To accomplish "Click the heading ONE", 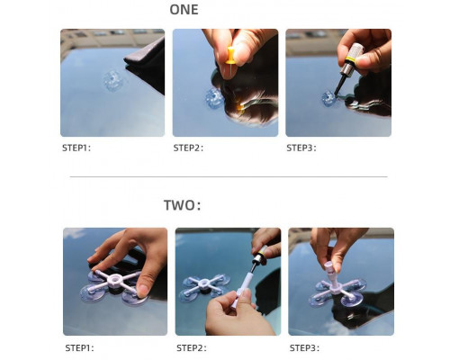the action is (184, 9).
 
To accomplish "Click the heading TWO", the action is (182, 205).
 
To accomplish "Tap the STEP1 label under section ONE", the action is (76, 148).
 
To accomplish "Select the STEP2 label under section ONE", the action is (188, 148).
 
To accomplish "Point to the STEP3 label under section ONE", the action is (301, 148).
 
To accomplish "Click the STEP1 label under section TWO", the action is (79, 348).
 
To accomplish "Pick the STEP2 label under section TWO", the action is (192, 348).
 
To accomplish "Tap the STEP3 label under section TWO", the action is (304, 348).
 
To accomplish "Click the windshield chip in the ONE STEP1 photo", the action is (112, 80).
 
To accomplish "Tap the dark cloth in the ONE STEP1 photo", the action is (146, 65).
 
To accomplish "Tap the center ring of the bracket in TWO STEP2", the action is (204, 283).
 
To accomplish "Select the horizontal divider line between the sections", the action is (229, 177).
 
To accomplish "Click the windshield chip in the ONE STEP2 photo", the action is (214, 98).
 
